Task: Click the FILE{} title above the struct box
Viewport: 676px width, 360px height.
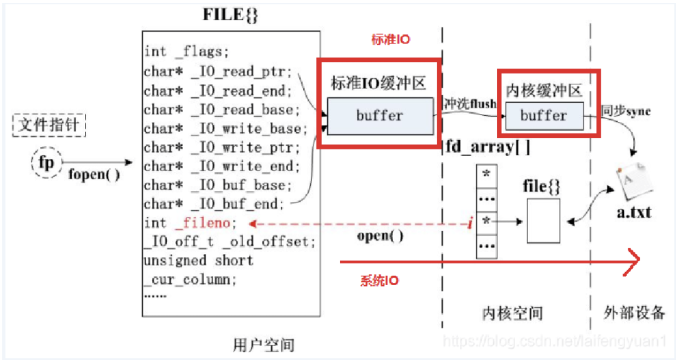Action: pyautogui.click(x=230, y=14)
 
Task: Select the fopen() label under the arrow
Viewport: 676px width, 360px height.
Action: pyautogui.click(x=94, y=174)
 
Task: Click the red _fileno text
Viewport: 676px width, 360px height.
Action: pyautogui.click(x=203, y=223)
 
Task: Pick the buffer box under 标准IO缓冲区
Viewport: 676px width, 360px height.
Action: pyautogui.click(x=379, y=116)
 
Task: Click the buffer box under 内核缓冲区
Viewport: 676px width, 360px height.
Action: pyautogui.click(x=543, y=116)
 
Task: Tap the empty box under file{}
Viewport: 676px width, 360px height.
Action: pyautogui.click(x=543, y=221)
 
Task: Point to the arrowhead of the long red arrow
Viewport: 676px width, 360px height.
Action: pyautogui.click(x=635, y=262)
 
